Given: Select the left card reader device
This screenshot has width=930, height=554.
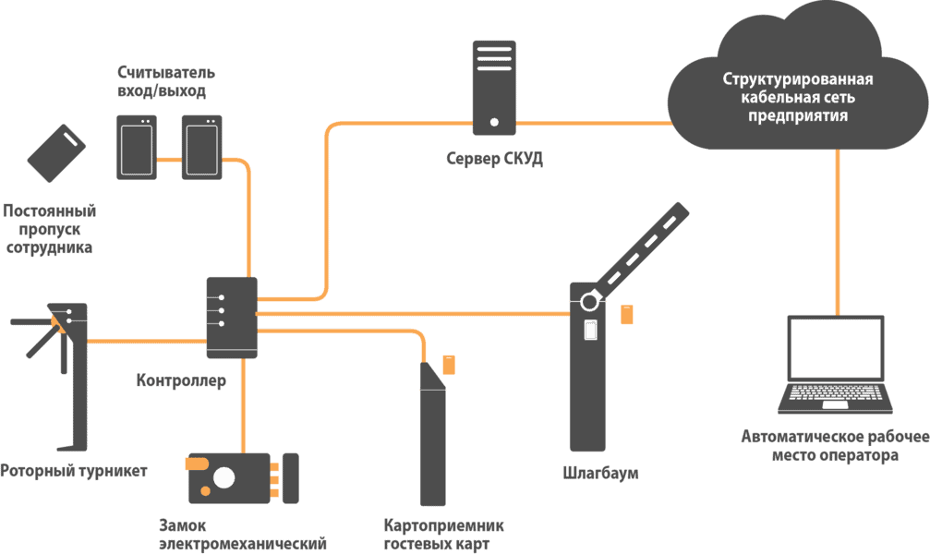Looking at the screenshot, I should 137,146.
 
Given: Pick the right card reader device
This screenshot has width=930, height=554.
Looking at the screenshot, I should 201,146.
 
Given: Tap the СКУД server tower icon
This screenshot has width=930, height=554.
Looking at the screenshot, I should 495,85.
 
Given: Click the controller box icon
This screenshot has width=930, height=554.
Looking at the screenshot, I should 231,319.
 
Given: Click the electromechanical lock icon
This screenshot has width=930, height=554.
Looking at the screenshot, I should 243,478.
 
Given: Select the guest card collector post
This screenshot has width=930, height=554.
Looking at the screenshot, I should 431,434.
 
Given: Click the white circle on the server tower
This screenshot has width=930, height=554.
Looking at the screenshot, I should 495,121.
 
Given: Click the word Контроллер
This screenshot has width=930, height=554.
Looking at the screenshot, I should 181,380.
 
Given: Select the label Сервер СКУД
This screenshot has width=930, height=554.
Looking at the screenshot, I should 494,159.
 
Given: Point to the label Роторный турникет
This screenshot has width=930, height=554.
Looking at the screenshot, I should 74,471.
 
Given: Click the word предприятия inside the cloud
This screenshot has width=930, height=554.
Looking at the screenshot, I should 798,117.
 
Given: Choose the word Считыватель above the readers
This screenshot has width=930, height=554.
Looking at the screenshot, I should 166,72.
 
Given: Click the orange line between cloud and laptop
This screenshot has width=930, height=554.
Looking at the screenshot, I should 838,231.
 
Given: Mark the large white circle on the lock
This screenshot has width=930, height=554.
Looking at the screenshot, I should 223,477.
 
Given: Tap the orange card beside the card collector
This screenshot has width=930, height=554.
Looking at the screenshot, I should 449,364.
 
